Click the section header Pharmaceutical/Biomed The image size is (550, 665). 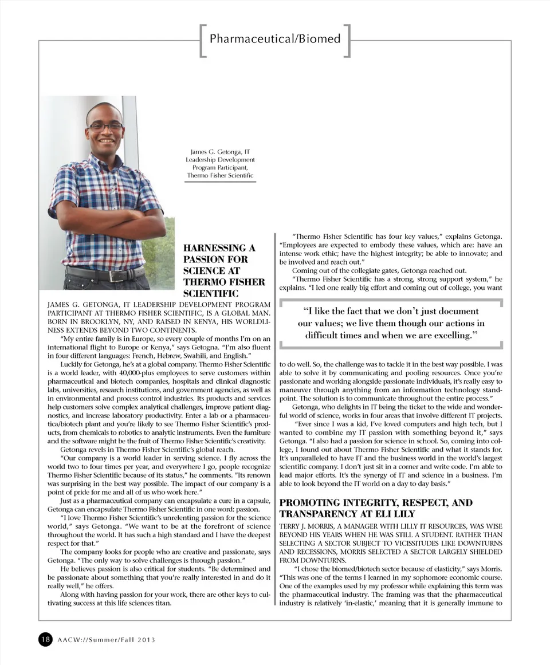click(x=275, y=39)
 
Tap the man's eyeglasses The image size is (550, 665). click(x=105, y=125)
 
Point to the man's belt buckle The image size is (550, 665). click(x=117, y=276)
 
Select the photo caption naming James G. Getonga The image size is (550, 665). click(x=220, y=163)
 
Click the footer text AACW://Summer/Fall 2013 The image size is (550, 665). click(x=106, y=640)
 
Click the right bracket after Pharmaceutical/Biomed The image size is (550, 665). click(x=347, y=40)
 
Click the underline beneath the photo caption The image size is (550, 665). click(x=220, y=182)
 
